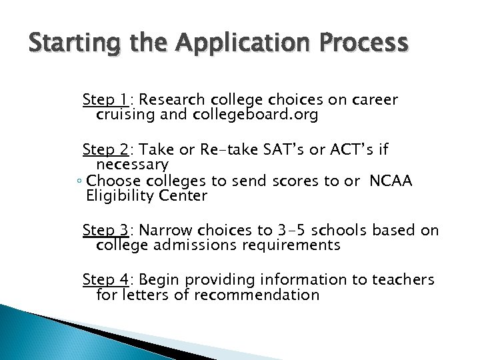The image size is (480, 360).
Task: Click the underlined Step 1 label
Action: point(105,100)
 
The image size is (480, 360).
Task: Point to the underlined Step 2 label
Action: point(105,149)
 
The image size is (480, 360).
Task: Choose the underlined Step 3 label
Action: point(105,231)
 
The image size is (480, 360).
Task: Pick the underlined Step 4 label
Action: point(105,280)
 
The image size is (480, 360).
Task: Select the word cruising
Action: point(125,115)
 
